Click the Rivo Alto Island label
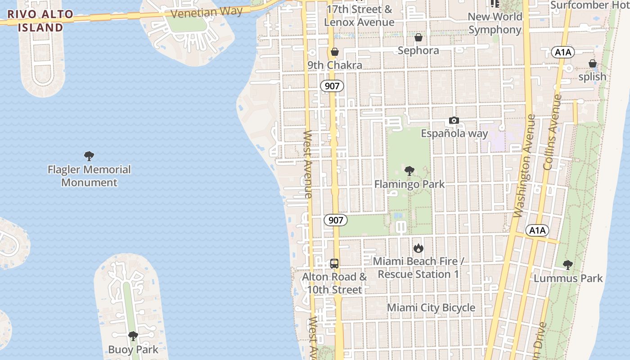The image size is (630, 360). pyautogui.click(x=40, y=21)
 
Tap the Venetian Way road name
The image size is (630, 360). pyautogui.click(x=207, y=12)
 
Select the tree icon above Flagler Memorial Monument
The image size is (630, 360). pyautogui.click(x=89, y=156)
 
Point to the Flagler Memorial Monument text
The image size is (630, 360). pyautogui.click(x=89, y=176)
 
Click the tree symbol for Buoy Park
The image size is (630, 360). pyautogui.click(x=133, y=336)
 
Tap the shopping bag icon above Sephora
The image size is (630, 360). pyautogui.click(x=418, y=37)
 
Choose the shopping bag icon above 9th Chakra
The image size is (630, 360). pyautogui.click(x=334, y=52)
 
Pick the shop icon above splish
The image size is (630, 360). pyautogui.click(x=593, y=64)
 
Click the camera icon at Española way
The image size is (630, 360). pyautogui.click(x=454, y=121)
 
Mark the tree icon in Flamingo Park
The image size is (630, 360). pyautogui.click(x=409, y=171)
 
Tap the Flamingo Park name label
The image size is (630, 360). pyautogui.click(x=409, y=184)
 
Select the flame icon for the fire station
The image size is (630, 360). pyautogui.click(x=418, y=248)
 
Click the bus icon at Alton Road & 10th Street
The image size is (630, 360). pyautogui.click(x=334, y=264)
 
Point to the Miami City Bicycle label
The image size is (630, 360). pyautogui.click(x=431, y=308)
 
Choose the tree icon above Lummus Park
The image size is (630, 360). pyautogui.click(x=568, y=265)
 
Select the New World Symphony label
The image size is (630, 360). pyautogui.click(x=495, y=23)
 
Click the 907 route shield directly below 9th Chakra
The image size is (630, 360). pyautogui.click(x=332, y=86)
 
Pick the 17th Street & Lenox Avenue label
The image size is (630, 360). pyautogui.click(x=359, y=16)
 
